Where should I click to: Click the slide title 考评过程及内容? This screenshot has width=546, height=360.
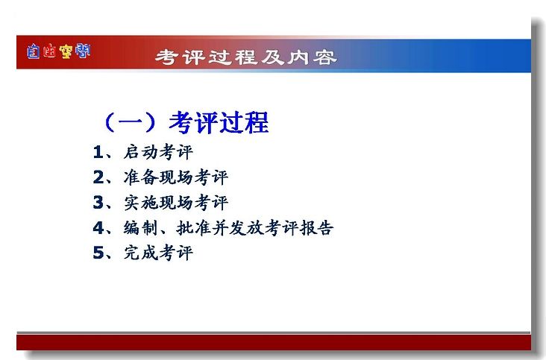pyautogui.click(x=246, y=57)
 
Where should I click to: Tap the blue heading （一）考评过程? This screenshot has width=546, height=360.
pyautogui.click(x=186, y=122)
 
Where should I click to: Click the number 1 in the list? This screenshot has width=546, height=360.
pyautogui.click(x=98, y=152)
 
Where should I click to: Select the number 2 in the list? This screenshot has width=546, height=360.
pyautogui.click(x=98, y=177)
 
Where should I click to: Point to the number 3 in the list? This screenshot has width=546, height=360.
pyautogui.click(x=98, y=203)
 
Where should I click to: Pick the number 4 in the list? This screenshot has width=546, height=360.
pyautogui.click(x=98, y=228)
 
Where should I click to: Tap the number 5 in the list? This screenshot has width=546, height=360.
pyautogui.click(x=98, y=253)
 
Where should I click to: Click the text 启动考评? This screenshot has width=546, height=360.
pyautogui.click(x=158, y=152)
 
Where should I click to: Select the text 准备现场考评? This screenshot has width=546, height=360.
pyautogui.click(x=176, y=177)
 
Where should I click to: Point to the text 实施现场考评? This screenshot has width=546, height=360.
pyautogui.click(x=176, y=203)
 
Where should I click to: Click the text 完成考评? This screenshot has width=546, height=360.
pyautogui.click(x=158, y=253)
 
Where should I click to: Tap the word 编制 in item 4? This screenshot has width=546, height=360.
pyautogui.click(x=141, y=228)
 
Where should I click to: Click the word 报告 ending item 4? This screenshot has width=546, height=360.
pyautogui.click(x=316, y=228)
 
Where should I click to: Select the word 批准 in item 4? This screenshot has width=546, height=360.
pyautogui.click(x=193, y=228)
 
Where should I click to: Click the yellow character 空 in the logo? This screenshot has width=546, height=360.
pyautogui.click(x=66, y=52)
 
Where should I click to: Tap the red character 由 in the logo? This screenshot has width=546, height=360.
pyautogui.click(x=49, y=52)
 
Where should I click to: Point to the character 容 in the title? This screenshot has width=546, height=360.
pyautogui.click(x=324, y=57)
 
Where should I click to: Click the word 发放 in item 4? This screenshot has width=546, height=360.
pyautogui.click(x=247, y=228)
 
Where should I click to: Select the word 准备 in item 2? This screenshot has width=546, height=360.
pyautogui.click(x=141, y=177)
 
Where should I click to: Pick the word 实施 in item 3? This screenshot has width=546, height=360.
pyautogui.click(x=141, y=203)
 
